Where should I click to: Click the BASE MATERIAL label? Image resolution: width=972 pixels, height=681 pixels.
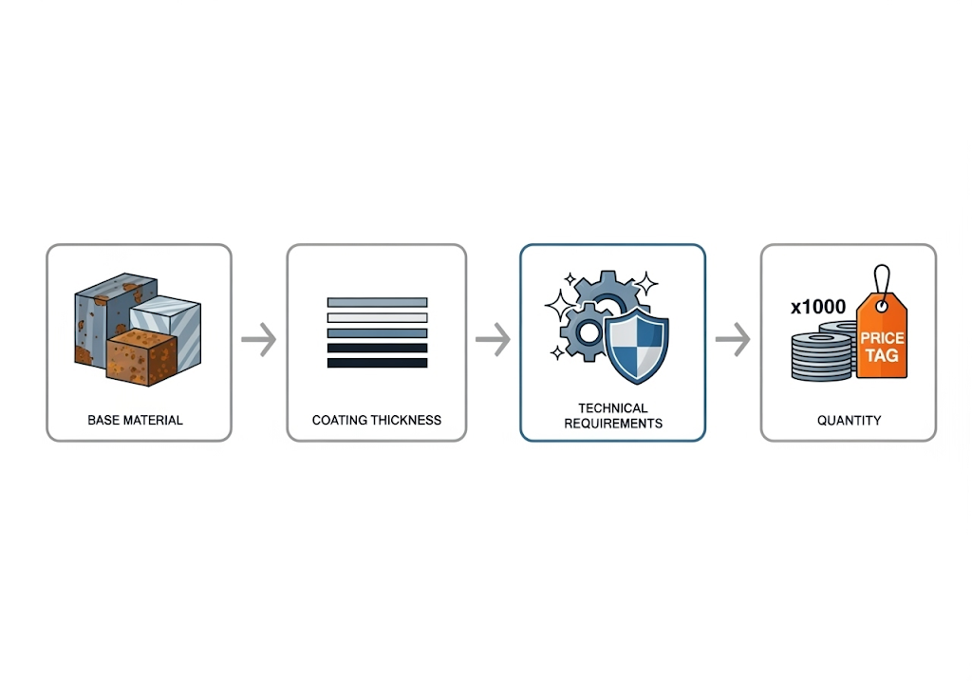(135, 420)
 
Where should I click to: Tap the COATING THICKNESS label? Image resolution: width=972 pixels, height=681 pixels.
(377, 420)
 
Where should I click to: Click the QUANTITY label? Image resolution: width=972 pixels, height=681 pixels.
(849, 420)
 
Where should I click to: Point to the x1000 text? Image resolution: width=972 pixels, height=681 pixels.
(817, 307)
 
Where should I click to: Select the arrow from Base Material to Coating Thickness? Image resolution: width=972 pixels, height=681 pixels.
(258, 340)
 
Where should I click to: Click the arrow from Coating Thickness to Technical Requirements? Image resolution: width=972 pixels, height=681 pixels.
(493, 340)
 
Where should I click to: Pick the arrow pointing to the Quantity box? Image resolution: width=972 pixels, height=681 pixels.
(732, 340)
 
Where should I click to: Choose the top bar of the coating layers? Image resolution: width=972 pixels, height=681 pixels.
(377, 302)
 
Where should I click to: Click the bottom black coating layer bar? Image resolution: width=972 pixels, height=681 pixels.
(377, 363)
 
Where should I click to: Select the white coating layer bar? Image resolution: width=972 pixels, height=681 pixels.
(377, 317)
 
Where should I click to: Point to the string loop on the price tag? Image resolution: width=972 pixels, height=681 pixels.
(884, 279)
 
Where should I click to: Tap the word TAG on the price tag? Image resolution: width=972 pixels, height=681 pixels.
(884, 357)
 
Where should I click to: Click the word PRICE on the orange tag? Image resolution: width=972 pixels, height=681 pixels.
(883, 339)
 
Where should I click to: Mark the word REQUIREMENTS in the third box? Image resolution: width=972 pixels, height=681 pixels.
(613, 423)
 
